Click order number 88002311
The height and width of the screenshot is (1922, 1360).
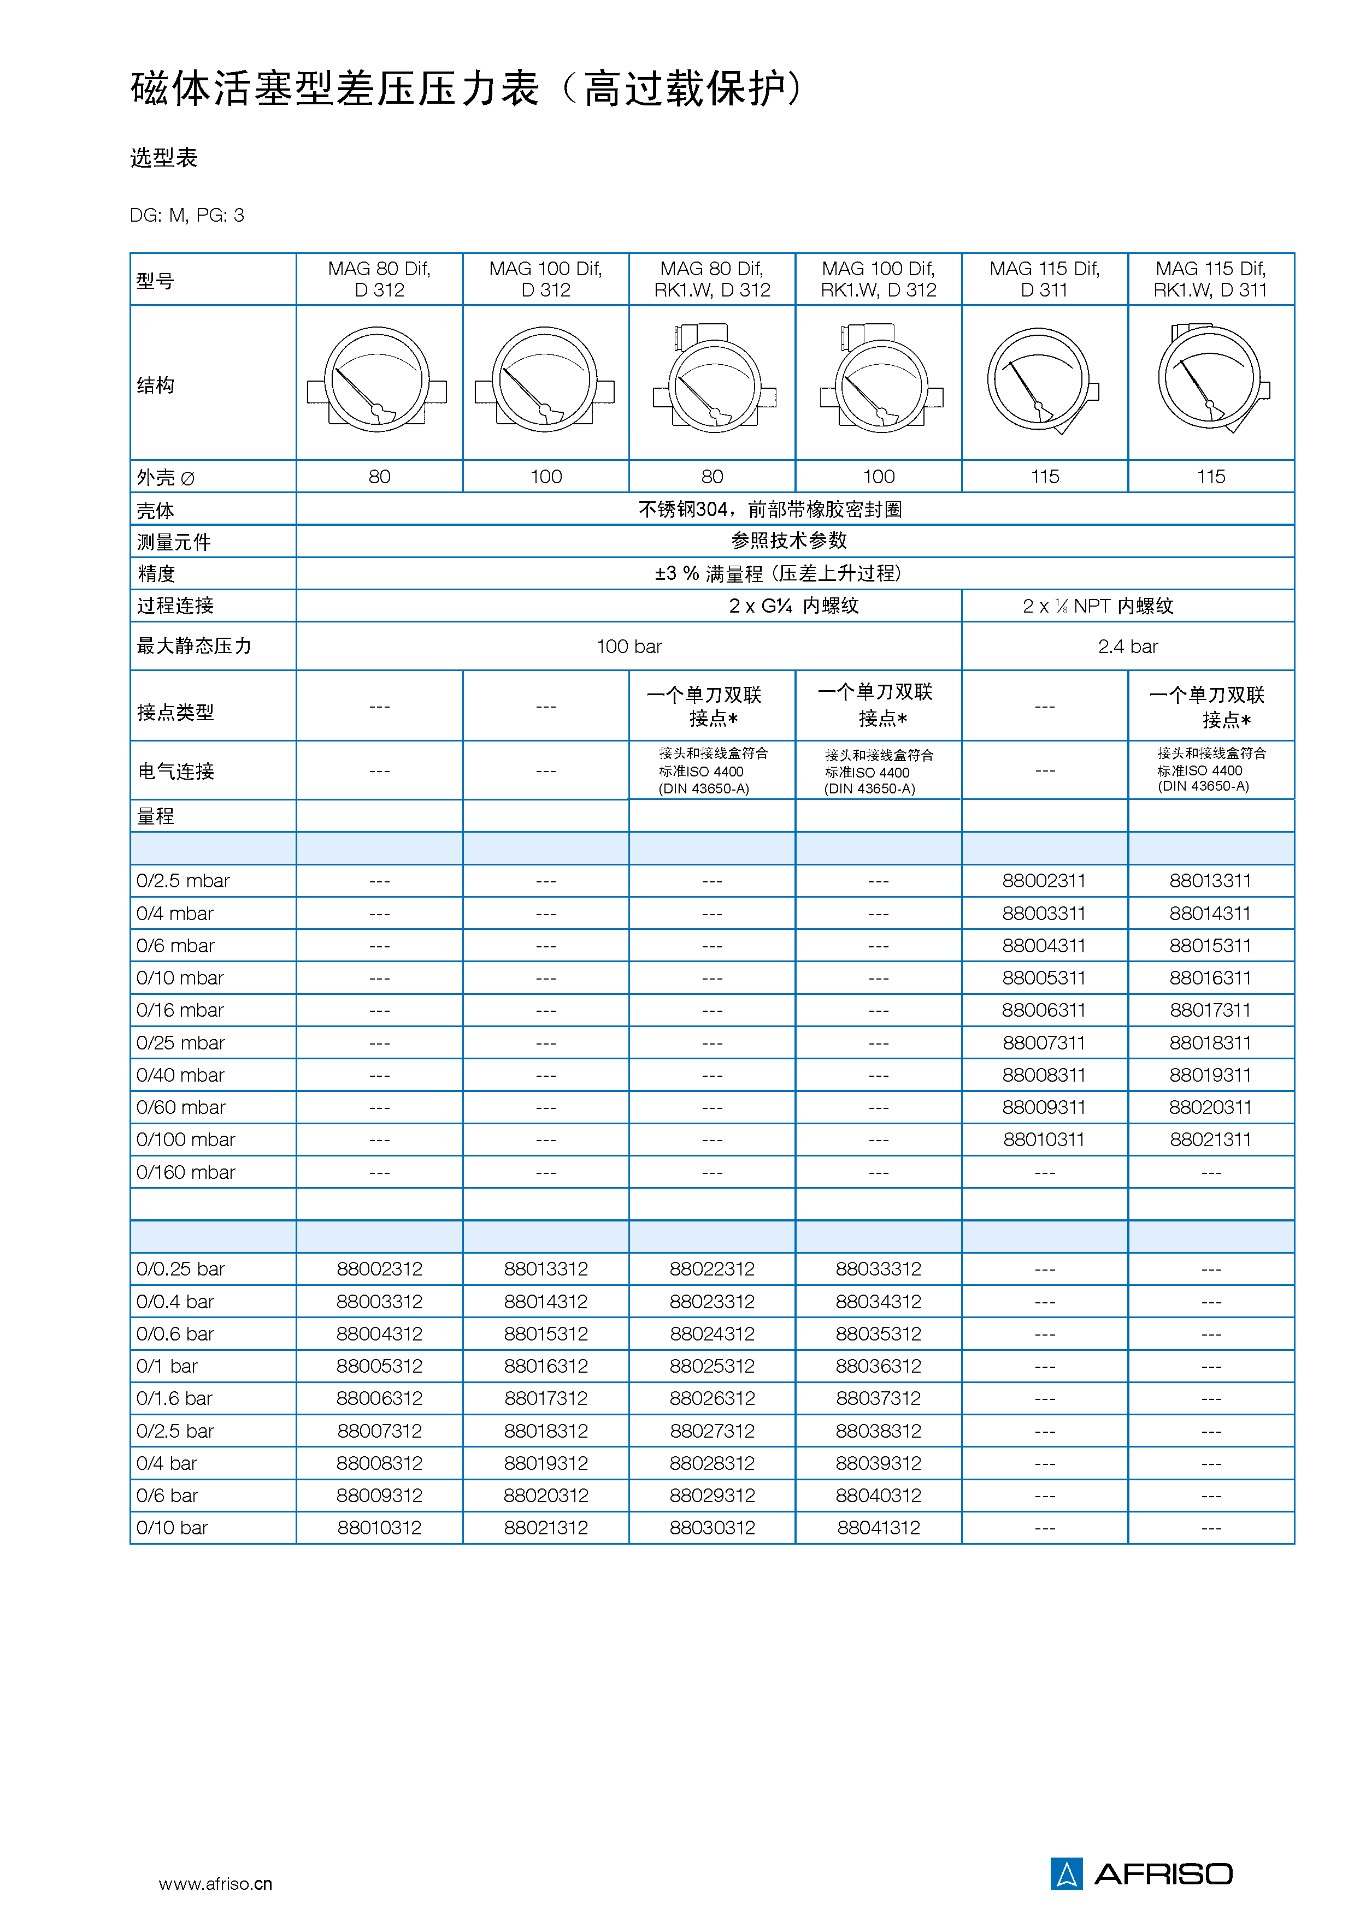tap(1044, 881)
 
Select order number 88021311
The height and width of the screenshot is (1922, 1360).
tap(1210, 1140)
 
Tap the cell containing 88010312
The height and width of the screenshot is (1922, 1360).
tap(379, 1528)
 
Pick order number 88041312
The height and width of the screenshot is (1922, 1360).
tap(879, 1528)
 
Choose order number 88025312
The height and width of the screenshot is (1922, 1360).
tap(712, 1366)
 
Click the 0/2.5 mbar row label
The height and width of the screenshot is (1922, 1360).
tap(184, 881)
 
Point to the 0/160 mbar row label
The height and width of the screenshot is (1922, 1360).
tap(186, 1172)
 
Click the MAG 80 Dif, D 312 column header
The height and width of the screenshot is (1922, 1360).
tap(379, 279)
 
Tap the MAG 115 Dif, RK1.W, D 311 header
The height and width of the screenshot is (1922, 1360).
tap(1210, 279)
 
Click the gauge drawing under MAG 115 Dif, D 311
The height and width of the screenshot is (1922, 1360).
tap(1042, 381)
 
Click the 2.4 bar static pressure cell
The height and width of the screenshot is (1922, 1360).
tap(1127, 646)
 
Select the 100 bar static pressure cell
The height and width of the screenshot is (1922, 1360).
tap(629, 646)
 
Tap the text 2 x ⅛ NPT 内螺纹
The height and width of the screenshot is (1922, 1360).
tap(1098, 606)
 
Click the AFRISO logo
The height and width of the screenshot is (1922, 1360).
tap(1141, 1873)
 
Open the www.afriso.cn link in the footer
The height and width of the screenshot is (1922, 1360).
tap(215, 1883)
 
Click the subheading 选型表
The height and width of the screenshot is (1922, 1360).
tap(164, 157)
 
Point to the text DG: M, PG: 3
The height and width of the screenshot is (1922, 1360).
tap(187, 215)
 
